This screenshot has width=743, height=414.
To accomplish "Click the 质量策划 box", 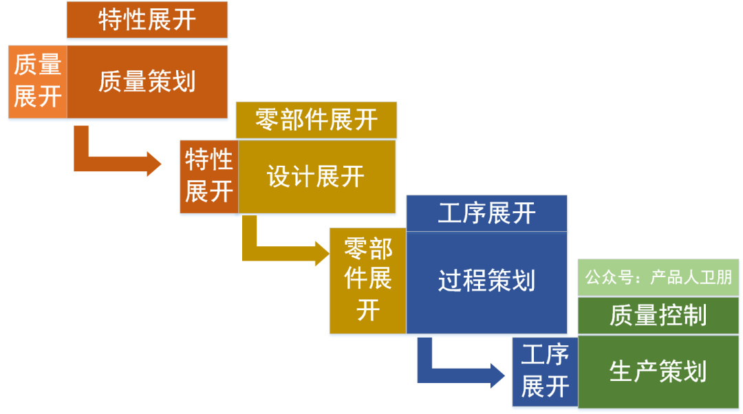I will (147, 82).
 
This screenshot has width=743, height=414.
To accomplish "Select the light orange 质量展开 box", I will (38, 82).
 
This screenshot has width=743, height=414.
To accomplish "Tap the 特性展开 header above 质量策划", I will (147, 20).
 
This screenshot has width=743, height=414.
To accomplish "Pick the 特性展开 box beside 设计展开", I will (209, 177).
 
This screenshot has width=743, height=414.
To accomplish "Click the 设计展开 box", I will (316, 177).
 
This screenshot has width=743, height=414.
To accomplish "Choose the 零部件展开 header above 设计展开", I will (316, 120).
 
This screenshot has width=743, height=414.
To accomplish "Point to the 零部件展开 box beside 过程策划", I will (368, 281).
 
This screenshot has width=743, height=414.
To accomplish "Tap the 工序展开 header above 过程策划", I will (486, 213).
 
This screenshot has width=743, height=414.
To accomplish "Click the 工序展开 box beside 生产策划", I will (545, 371).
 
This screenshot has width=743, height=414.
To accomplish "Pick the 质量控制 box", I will (658, 316).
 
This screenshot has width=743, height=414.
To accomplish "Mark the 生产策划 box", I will (658, 371).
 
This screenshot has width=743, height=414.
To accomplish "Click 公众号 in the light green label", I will (605, 278).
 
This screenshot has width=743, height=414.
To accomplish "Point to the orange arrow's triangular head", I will (153, 164).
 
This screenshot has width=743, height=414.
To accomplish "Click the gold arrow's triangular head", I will (321, 253).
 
